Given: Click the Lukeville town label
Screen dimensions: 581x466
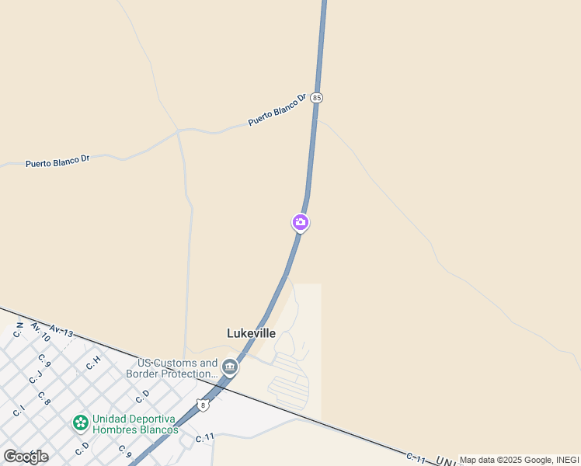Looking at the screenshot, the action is (x=251, y=333).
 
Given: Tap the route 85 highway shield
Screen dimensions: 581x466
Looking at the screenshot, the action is (x=316, y=98).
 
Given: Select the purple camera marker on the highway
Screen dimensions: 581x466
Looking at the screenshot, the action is (x=300, y=223).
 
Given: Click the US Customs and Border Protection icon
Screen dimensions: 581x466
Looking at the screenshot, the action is (x=229, y=366).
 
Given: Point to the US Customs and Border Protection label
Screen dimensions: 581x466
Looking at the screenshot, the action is (x=178, y=368).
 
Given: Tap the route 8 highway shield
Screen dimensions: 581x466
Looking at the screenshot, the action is (x=203, y=405).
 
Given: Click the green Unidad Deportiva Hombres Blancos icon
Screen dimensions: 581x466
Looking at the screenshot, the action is (x=80, y=423).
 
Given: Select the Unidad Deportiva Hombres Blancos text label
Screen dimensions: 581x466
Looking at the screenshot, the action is (x=135, y=424).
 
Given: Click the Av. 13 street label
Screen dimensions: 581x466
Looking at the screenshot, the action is (x=61, y=332).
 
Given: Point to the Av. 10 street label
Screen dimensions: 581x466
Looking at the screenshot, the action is (x=40, y=332).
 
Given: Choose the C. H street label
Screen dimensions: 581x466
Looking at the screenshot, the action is (x=93, y=362).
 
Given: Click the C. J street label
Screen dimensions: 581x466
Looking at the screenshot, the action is (x=35, y=378).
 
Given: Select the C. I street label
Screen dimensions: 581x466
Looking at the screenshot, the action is (x=19, y=411).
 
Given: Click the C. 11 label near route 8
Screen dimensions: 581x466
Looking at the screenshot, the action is (x=204, y=438).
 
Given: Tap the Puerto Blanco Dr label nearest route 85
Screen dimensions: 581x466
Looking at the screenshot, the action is (x=277, y=110).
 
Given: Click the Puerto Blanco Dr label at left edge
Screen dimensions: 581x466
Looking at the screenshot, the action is (x=57, y=162).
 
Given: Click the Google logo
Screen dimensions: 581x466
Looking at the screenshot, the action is (x=26, y=456).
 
